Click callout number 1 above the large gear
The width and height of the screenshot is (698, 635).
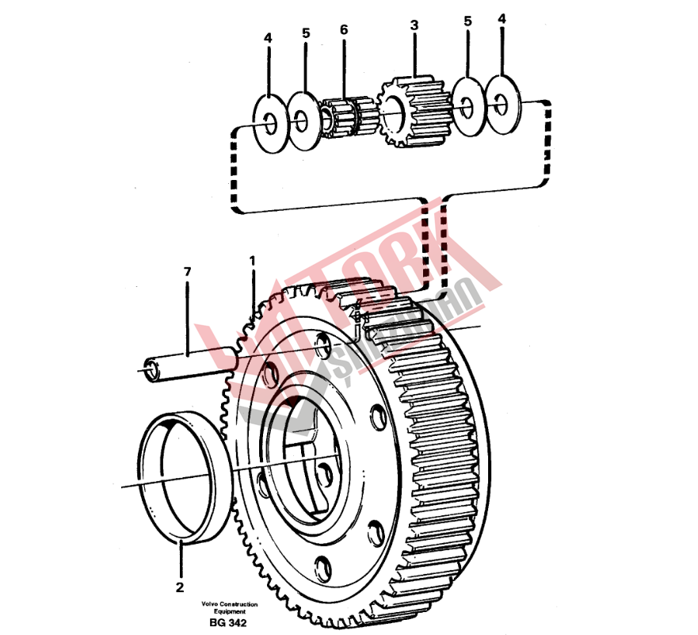click(x=253, y=260)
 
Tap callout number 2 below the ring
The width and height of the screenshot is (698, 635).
click(x=180, y=587)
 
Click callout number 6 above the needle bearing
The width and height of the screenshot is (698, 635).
click(x=344, y=30)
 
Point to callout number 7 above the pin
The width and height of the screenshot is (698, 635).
click(x=188, y=273)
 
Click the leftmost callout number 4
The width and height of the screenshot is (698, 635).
click(x=268, y=37)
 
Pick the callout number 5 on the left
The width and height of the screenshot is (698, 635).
click(x=306, y=34)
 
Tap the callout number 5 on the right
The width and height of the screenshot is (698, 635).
click(x=467, y=21)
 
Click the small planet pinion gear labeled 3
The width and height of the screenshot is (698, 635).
click(x=414, y=111)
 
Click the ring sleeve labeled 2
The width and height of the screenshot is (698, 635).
click(x=181, y=476)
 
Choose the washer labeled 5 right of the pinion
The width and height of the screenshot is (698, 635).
click(x=467, y=104)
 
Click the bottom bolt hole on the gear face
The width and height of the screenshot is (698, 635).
click(x=322, y=566)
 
